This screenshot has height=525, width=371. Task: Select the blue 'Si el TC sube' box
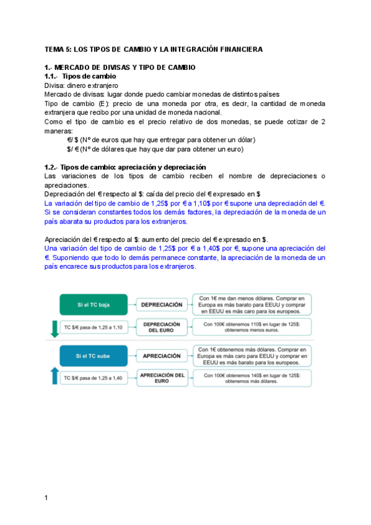pos(93,356)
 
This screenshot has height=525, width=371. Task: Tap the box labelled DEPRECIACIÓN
pos(161,305)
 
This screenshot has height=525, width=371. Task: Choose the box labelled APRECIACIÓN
pos(161,356)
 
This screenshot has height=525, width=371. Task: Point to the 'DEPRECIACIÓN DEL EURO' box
pos(161,327)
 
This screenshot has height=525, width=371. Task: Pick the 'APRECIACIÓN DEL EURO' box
pos(162,378)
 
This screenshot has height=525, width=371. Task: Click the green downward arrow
pos(55,327)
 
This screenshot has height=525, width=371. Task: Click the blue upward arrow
pos(55,377)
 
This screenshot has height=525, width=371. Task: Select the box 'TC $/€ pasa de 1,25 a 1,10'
pos(93,327)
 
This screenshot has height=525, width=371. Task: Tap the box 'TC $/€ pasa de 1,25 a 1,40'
pos(93,377)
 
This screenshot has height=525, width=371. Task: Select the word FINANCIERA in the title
pos(240,49)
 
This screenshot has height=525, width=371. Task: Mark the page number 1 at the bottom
pos(46,498)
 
